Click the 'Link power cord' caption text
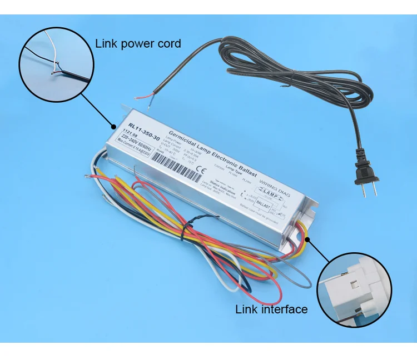[x=138, y=43]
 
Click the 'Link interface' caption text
[x=271, y=309]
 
